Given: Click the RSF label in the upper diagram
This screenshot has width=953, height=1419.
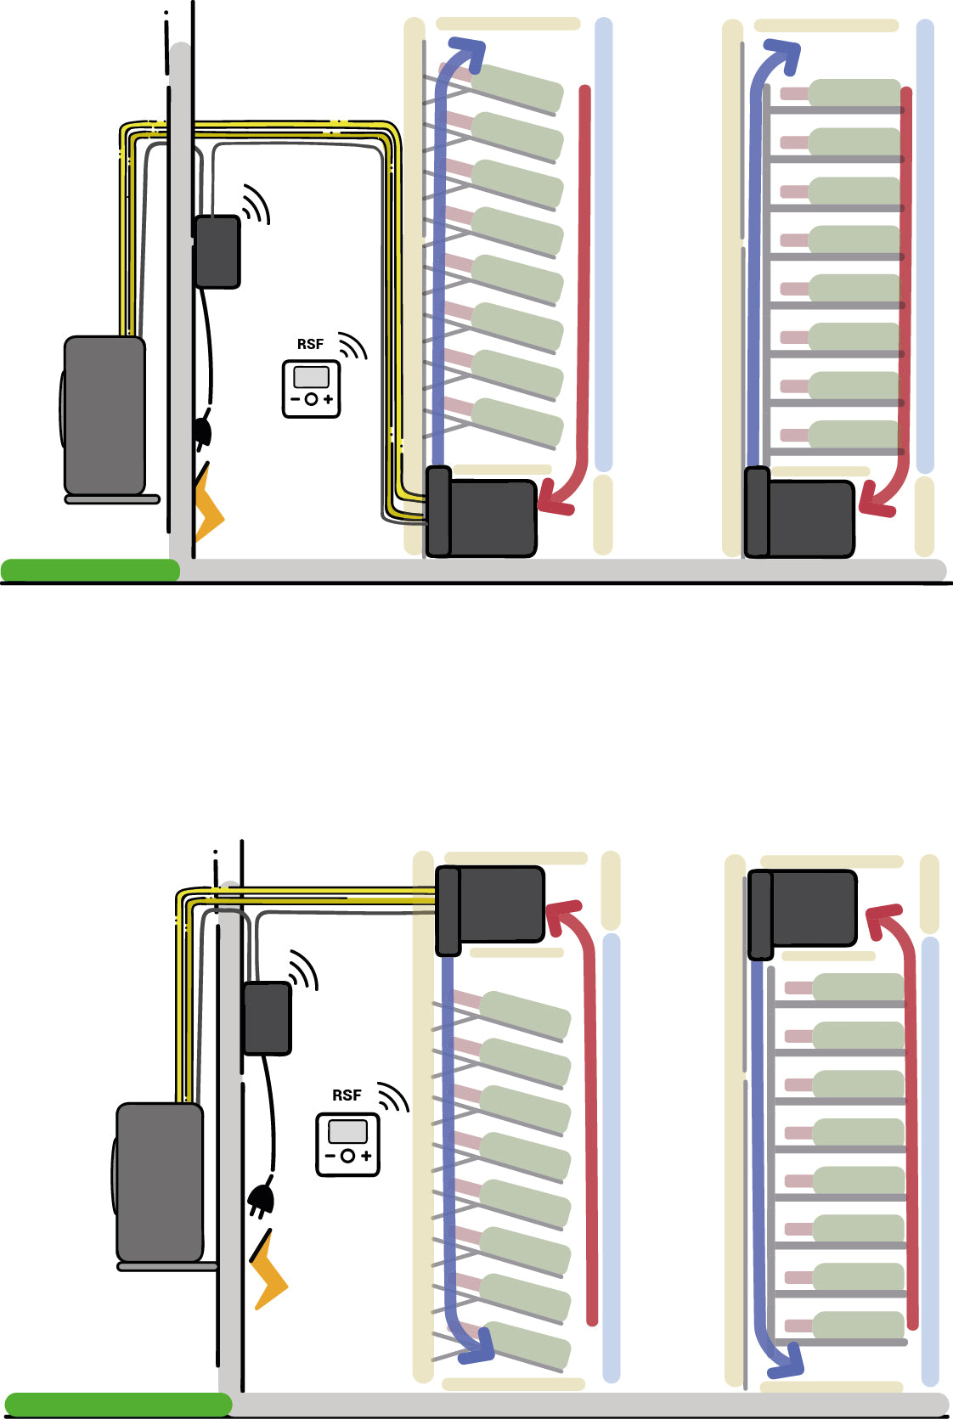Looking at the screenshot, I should coord(310,344).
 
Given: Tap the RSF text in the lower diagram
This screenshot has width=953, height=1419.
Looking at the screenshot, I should coord(347,1095).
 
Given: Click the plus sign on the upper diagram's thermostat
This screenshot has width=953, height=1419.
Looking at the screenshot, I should coord(329,399).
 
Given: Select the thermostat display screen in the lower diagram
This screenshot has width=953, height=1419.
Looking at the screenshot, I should coord(347,1132).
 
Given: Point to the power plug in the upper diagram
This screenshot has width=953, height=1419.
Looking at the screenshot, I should coord(202,431).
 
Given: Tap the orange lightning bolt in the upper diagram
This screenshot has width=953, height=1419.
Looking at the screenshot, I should coord(207,504).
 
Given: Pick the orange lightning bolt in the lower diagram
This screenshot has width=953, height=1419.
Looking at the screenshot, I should coord(270,1272).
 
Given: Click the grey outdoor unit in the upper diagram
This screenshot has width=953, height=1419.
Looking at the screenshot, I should coord(104,415).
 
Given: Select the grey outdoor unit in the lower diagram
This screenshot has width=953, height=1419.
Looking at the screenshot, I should coord(159,1182).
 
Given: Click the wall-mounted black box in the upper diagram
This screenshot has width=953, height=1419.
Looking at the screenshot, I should coord(217,251).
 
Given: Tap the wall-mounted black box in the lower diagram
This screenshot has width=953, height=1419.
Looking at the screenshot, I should coord(267,1018).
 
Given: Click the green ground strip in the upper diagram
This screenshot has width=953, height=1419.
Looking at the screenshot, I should coord(89,570).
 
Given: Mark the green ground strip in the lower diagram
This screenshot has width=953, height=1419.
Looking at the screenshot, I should coord(117,1405).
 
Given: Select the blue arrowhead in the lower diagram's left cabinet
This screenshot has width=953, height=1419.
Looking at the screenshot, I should coord(478,1344).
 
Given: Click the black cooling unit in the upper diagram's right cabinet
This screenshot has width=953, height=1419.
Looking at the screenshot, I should coord(799,515).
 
